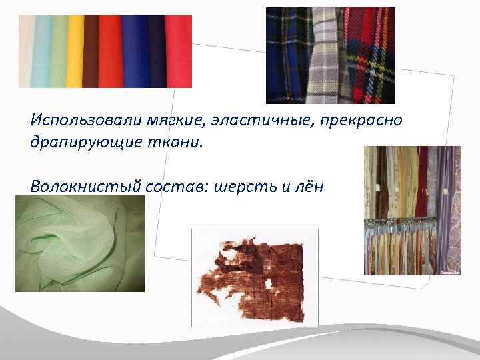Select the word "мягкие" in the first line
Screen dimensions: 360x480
coord(147,120)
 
